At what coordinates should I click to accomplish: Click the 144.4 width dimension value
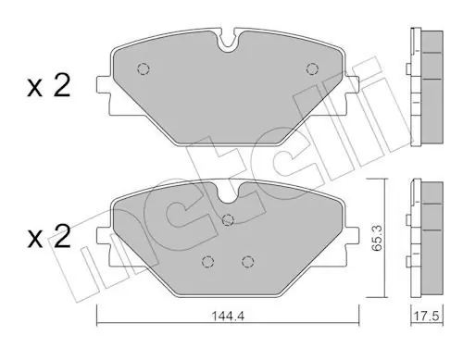coord(228,316)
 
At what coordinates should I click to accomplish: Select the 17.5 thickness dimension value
coord(426,317)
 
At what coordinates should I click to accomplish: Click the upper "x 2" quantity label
coord(49,87)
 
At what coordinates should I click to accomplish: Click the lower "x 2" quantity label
coord(49,237)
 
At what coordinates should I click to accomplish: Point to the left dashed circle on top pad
coord(144,68)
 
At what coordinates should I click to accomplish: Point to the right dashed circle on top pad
coord(312,68)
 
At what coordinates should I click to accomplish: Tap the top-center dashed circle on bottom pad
coord(228,219)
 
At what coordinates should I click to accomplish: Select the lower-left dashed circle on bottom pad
coord(207,262)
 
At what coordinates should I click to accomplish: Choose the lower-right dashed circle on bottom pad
coord(247,262)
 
